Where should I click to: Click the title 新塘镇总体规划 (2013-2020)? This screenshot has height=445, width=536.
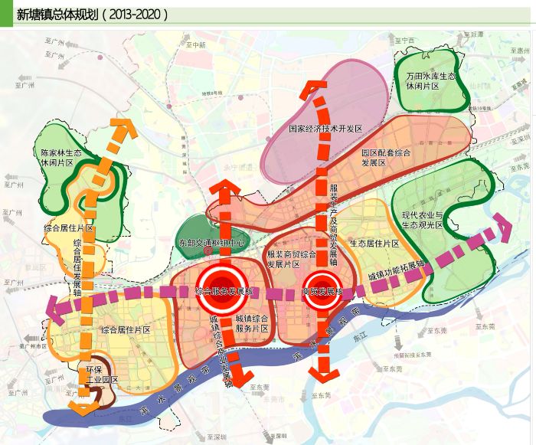coord(92,14)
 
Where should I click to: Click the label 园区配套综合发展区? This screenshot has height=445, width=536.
coord(386,158)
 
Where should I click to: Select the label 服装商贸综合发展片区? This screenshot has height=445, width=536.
coord(291,259)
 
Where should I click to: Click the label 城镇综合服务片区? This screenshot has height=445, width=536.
coord(251,322)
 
